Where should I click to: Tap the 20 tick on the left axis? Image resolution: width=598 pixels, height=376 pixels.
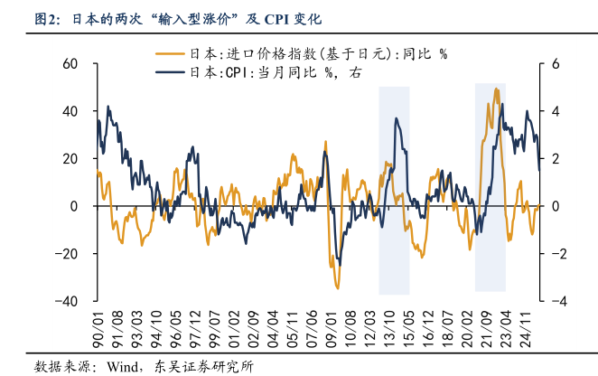click(x=70, y=159)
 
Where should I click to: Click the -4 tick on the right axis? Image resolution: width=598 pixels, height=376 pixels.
click(x=553, y=301)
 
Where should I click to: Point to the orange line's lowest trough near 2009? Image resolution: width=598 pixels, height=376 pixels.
click(x=337, y=287)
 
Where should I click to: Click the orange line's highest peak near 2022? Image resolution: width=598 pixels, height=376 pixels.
click(x=497, y=89)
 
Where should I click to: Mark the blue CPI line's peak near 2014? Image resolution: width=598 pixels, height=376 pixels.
click(x=396, y=118)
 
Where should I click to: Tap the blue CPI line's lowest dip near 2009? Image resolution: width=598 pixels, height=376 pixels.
click(x=340, y=263)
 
